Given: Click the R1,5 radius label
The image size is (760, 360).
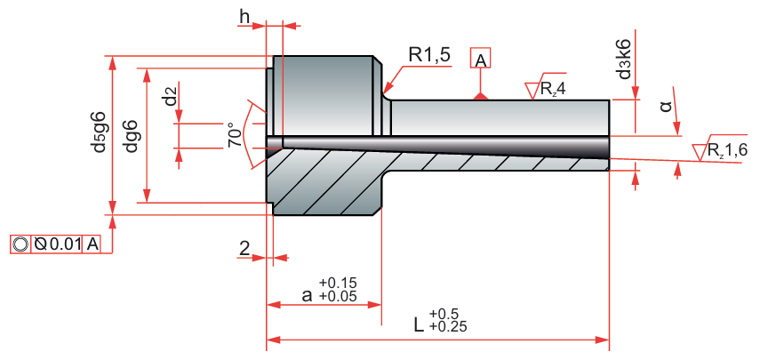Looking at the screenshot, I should click(428, 55).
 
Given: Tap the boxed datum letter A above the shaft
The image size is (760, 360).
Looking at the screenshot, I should click(479, 60).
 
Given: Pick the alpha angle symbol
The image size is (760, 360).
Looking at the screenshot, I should click(666, 108).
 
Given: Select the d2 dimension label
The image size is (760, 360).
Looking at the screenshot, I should click(170, 95).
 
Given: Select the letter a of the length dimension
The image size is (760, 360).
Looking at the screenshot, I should click(306, 295).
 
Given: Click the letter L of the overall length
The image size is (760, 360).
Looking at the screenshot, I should click(419, 324).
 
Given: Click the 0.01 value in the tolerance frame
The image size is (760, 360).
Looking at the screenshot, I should click(63, 244).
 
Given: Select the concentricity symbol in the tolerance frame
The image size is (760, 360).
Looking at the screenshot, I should click(20, 244).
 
